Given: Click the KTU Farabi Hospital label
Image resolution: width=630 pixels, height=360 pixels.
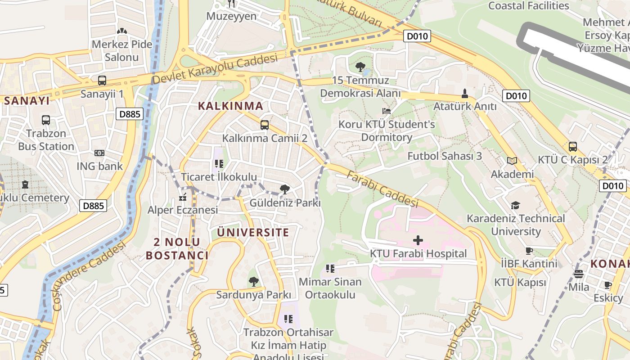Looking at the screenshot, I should pyautogui.click(x=418, y=254).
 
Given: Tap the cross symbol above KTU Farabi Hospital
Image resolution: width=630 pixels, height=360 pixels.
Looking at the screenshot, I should pyautogui.click(x=418, y=240).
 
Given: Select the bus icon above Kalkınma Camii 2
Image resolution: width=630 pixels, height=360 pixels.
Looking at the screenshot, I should pyautogui.click(x=265, y=125).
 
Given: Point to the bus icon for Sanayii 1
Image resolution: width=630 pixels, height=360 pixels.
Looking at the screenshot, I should pyautogui.click(x=102, y=81).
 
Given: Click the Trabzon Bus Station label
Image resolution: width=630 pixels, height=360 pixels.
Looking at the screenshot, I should pyautogui.click(x=46, y=140).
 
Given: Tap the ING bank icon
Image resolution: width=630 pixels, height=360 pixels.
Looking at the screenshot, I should pyautogui.click(x=99, y=153).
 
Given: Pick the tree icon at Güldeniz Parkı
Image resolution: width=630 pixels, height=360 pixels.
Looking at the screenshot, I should pyautogui.click(x=285, y=189).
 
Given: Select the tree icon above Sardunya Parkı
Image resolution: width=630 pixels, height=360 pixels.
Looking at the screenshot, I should pyautogui.click(x=254, y=282).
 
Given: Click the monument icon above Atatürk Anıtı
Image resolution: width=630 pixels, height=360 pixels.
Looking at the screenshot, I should pyautogui.click(x=465, y=94).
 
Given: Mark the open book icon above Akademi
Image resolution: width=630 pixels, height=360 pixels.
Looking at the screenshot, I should pyautogui.click(x=512, y=161).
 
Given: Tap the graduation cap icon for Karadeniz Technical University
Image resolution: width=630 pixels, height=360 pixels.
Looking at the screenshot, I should pyautogui.click(x=515, y=205).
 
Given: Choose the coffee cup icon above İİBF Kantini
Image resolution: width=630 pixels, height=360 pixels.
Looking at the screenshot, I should pyautogui.click(x=529, y=250).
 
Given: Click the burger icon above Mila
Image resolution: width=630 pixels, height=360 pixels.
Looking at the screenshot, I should pyautogui.click(x=579, y=274).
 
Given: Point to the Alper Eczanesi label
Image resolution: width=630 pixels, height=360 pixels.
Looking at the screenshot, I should pyautogui.click(x=183, y=210).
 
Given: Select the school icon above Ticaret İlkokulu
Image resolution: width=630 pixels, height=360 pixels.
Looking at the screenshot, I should pyautogui.click(x=219, y=164).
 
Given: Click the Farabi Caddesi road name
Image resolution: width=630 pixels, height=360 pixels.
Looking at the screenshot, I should pyautogui.click(x=382, y=189).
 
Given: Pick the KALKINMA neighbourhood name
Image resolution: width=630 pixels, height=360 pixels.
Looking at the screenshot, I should pyautogui.click(x=230, y=106).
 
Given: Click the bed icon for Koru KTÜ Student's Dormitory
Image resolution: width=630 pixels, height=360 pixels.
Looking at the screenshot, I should pyautogui.click(x=387, y=111).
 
